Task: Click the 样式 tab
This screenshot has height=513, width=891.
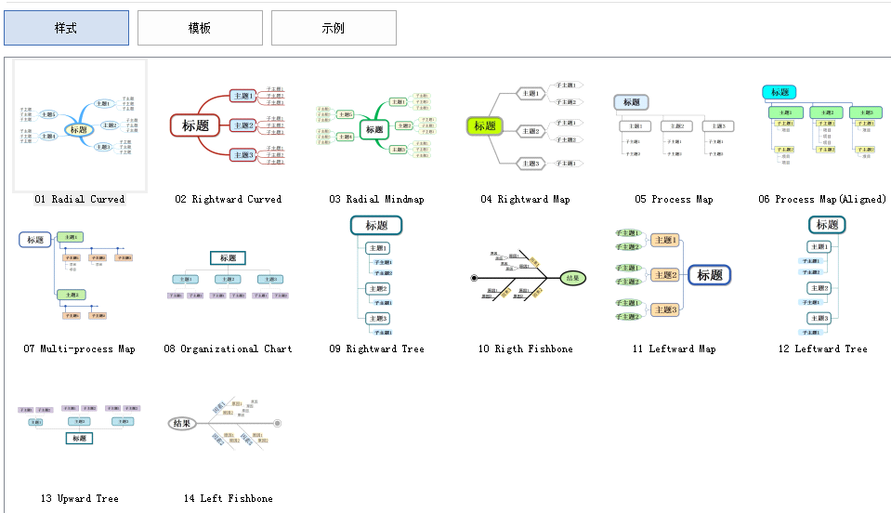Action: tap(66, 28)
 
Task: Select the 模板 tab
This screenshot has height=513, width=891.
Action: tap(200, 28)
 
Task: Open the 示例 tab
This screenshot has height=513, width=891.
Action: tap(334, 28)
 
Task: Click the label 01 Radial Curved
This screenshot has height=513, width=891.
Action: tap(80, 199)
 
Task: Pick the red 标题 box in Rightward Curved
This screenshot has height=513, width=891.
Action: tap(195, 125)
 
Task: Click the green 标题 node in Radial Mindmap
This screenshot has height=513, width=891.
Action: tap(373, 129)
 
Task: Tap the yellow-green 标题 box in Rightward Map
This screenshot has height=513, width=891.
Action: tap(485, 126)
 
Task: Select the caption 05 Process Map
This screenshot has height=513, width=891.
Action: tap(674, 199)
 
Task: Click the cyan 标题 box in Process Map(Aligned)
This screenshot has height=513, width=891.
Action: tap(780, 92)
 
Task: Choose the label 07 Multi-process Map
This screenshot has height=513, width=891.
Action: tap(80, 349)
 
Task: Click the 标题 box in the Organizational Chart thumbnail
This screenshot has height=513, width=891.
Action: tap(228, 258)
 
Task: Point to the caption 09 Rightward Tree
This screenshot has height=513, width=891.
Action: tap(376, 349)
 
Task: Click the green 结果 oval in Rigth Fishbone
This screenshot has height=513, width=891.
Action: tap(573, 277)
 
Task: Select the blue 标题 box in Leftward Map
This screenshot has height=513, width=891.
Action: tap(710, 275)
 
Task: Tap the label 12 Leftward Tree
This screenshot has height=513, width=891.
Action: tap(822, 349)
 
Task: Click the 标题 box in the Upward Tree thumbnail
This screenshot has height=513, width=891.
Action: tap(79, 438)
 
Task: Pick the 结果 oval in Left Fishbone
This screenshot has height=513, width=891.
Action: tap(181, 424)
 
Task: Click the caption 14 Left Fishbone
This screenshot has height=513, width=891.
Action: tap(229, 498)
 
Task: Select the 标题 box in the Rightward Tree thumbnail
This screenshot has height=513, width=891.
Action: tap(376, 225)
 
